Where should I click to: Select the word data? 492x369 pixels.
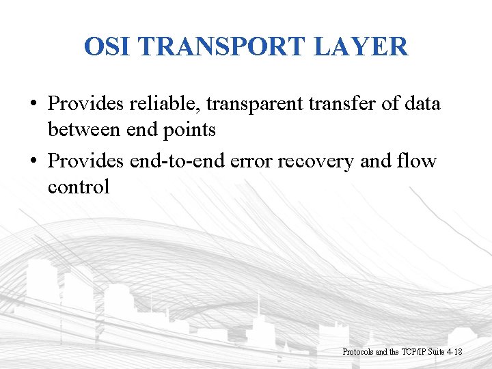coord(422,104)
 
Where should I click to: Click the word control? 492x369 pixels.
coord(78,186)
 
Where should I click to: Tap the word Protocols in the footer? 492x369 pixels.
coord(358,352)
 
